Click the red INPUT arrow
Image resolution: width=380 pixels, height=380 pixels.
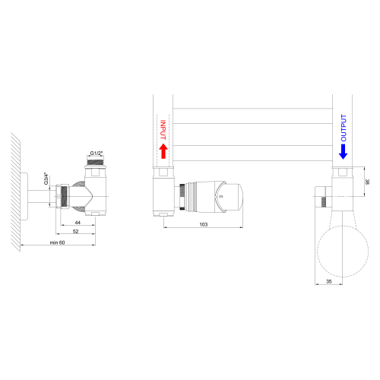point(163,151)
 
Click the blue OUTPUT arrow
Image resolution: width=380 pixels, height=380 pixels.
point(344,151)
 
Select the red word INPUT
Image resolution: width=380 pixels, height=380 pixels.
point(163,130)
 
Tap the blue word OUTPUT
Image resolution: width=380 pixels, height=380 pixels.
point(344,128)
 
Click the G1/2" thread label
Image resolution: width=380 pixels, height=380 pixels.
point(97,153)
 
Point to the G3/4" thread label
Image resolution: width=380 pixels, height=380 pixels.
point(46,179)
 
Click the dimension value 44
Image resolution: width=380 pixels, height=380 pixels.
point(78,223)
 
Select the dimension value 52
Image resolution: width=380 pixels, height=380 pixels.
point(75,231)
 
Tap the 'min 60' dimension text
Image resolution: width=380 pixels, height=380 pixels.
point(57,242)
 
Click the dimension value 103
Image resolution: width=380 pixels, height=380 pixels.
point(204,224)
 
